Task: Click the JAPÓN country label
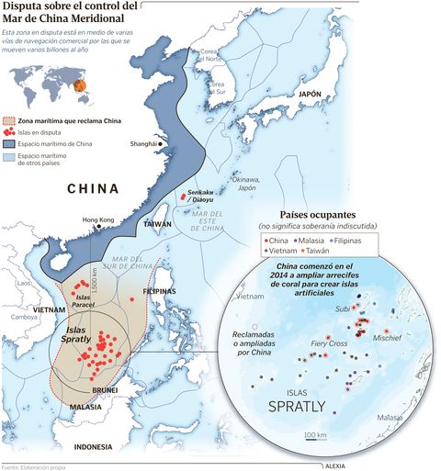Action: (x=309, y=94)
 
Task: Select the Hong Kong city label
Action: (x=98, y=220)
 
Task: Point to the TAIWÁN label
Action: (x=158, y=224)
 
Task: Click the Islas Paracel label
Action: (x=84, y=301)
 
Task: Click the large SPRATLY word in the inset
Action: (x=311, y=404)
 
